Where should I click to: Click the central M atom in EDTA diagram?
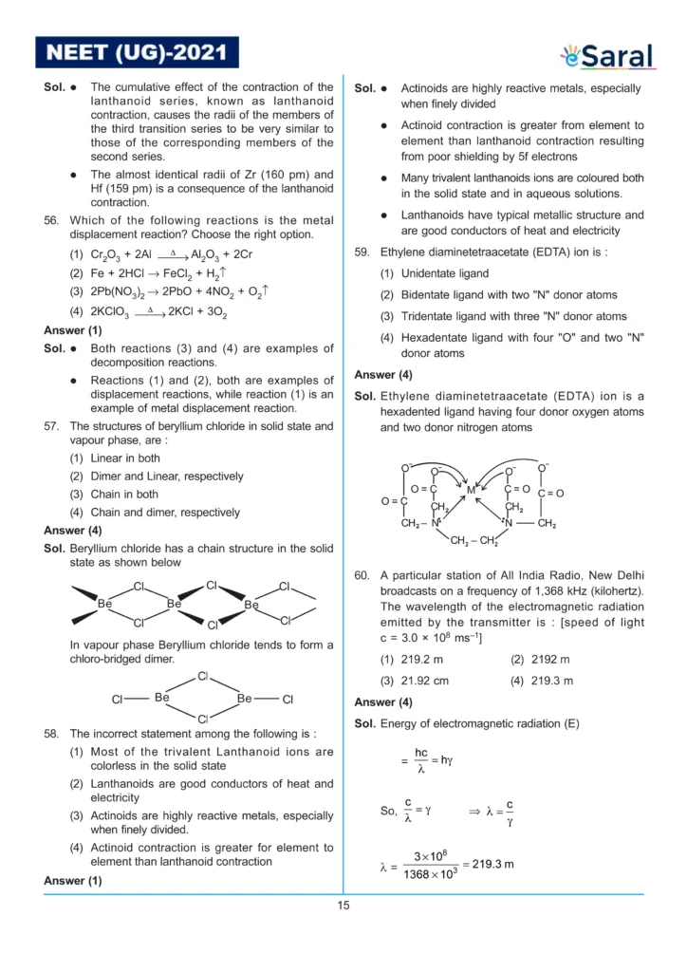(471, 490)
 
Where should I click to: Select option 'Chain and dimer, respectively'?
(155, 513)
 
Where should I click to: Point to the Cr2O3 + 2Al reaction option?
(161, 255)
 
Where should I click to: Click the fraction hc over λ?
(421, 761)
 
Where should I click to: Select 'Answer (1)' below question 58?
(73, 881)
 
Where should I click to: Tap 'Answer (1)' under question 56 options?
(73, 330)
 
